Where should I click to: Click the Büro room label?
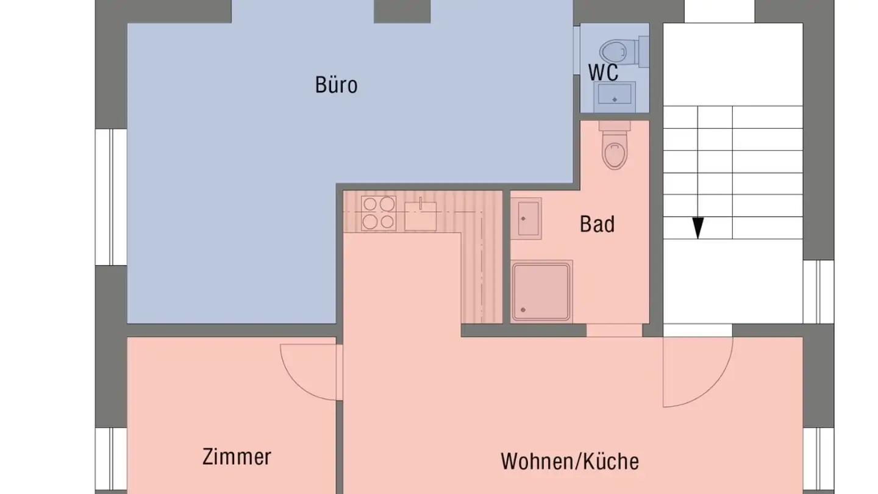336,85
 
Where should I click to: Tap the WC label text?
603,72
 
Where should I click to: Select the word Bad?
597,224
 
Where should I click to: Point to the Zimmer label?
237,456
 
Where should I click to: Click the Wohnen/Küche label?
569,461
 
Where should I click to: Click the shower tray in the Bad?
542,292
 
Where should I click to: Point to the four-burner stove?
378,213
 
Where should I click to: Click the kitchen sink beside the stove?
421,215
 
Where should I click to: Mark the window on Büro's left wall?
110,197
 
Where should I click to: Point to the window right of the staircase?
818,292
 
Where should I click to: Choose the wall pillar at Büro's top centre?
402,11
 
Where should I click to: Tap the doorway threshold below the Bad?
614,331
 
